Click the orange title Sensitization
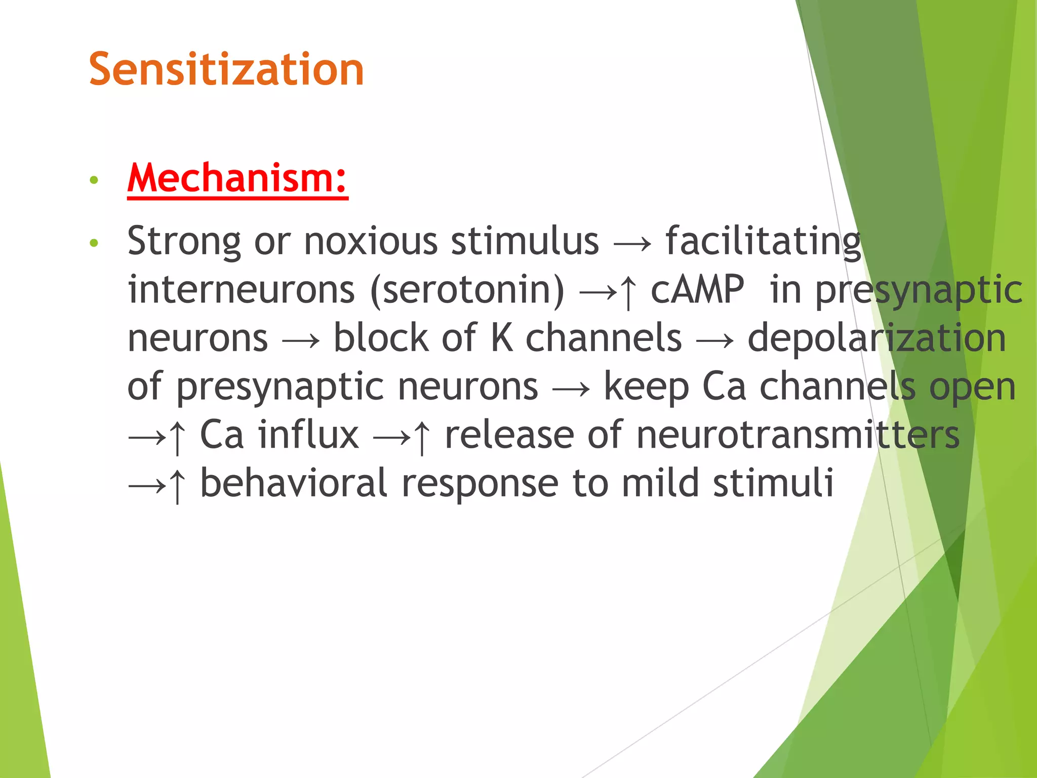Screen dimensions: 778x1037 click(x=226, y=69)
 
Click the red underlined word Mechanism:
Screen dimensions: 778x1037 click(x=237, y=178)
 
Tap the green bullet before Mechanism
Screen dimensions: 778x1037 click(x=93, y=180)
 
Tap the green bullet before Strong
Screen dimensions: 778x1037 click(x=93, y=243)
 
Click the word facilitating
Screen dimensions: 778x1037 click(x=763, y=242)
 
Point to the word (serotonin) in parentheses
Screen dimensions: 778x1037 click(x=467, y=290)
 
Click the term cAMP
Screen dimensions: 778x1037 click(x=697, y=290)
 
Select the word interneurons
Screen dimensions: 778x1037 click(x=241, y=290)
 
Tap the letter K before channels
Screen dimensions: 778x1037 click(x=501, y=338)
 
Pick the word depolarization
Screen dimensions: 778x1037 click(x=876, y=338)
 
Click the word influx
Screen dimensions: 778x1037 click(x=308, y=435)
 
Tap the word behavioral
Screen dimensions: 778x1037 click(x=294, y=483)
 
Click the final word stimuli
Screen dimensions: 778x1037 click(x=773, y=483)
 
